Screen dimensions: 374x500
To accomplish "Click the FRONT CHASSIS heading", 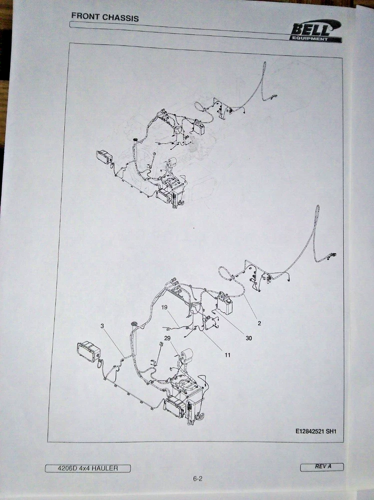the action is pyautogui.click(x=105, y=16).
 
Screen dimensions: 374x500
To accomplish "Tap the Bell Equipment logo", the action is pyautogui.click(x=316, y=31).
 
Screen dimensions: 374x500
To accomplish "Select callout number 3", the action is pyautogui.click(x=102, y=326).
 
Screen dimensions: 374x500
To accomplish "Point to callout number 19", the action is pyautogui.click(x=164, y=307).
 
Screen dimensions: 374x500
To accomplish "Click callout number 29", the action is pyautogui.click(x=167, y=338).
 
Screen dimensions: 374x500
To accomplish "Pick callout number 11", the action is pyautogui.click(x=227, y=354).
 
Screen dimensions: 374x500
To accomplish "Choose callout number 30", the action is pyautogui.click(x=249, y=338).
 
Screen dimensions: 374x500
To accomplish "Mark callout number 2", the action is pyautogui.click(x=259, y=323).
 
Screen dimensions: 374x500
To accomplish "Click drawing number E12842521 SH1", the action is pyautogui.click(x=316, y=431).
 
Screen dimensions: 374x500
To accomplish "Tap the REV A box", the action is pyautogui.click(x=322, y=466).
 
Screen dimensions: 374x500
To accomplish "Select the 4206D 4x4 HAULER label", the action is pyautogui.click(x=87, y=468).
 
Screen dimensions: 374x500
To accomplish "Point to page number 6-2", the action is pyautogui.click(x=198, y=478).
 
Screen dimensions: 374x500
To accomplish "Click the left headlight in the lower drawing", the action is pyautogui.click(x=88, y=351).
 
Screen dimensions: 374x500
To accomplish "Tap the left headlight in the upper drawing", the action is pyautogui.click(x=104, y=156).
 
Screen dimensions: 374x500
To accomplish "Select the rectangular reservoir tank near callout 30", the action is pyautogui.click(x=225, y=303).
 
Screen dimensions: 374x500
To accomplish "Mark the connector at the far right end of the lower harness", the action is pyautogui.click(x=333, y=255).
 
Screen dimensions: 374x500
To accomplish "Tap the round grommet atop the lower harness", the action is pyautogui.click(x=134, y=324).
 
